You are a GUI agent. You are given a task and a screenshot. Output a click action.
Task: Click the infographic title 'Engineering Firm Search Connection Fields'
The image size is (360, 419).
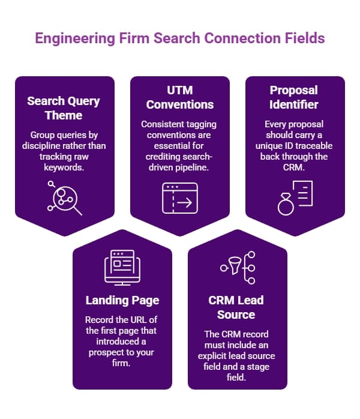coord(180,38)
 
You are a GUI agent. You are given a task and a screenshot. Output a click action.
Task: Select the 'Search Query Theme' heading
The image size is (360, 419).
coord(64,107)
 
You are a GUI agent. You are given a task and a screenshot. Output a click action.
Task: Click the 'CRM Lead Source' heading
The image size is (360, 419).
coord(236,307)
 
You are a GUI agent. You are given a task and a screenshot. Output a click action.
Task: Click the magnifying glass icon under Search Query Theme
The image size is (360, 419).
coord(64,197)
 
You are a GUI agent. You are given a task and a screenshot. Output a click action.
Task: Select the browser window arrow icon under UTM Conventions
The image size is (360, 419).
coord(180,199)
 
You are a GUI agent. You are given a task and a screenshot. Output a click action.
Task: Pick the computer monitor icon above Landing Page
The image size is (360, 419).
coord(122,266)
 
